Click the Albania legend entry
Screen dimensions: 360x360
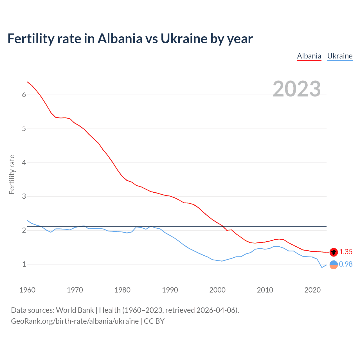click(x=309, y=56)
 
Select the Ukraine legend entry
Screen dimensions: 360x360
click(x=340, y=56)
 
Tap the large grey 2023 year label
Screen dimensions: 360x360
click(x=297, y=89)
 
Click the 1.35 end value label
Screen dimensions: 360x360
click(x=346, y=252)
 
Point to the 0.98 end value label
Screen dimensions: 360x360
click(x=346, y=264)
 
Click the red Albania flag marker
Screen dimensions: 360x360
click(x=334, y=252)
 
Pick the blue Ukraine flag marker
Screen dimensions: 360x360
click(x=334, y=265)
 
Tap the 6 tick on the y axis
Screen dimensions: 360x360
click(x=24, y=95)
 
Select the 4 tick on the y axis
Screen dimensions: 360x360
click(x=24, y=163)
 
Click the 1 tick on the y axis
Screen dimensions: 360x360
click(x=24, y=264)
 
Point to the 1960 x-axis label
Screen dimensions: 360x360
click(x=27, y=290)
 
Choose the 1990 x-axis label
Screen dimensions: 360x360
click(x=170, y=290)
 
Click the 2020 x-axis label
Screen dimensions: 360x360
click(x=312, y=290)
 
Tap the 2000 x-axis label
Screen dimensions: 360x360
click(x=217, y=290)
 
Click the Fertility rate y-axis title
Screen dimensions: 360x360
click(x=12, y=174)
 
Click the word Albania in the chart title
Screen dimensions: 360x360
click(x=120, y=39)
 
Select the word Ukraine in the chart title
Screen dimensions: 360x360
click(x=184, y=39)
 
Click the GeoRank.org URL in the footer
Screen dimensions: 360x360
click(x=75, y=321)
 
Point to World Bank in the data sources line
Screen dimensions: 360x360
click(x=75, y=310)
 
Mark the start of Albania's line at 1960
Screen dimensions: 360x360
click(x=27, y=82)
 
